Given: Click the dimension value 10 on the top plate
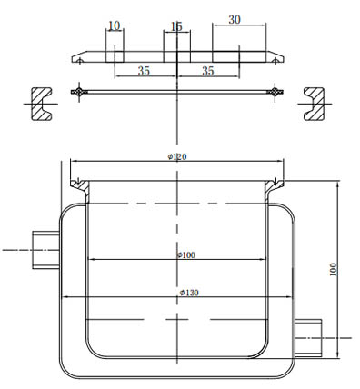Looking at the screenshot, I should click(x=114, y=25).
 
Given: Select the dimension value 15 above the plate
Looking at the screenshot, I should click(x=176, y=27).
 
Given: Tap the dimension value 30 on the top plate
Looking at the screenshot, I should click(x=235, y=20).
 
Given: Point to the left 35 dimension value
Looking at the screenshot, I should click(x=144, y=70).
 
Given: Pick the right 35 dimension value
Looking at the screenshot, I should click(x=207, y=70).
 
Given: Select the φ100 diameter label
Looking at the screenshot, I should click(x=185, y=255).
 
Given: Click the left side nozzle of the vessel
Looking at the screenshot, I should click(x=45, y=248).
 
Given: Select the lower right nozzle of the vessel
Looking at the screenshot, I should click(x=309, y=336).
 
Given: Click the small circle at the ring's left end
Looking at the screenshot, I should click(x=82, y=92).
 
